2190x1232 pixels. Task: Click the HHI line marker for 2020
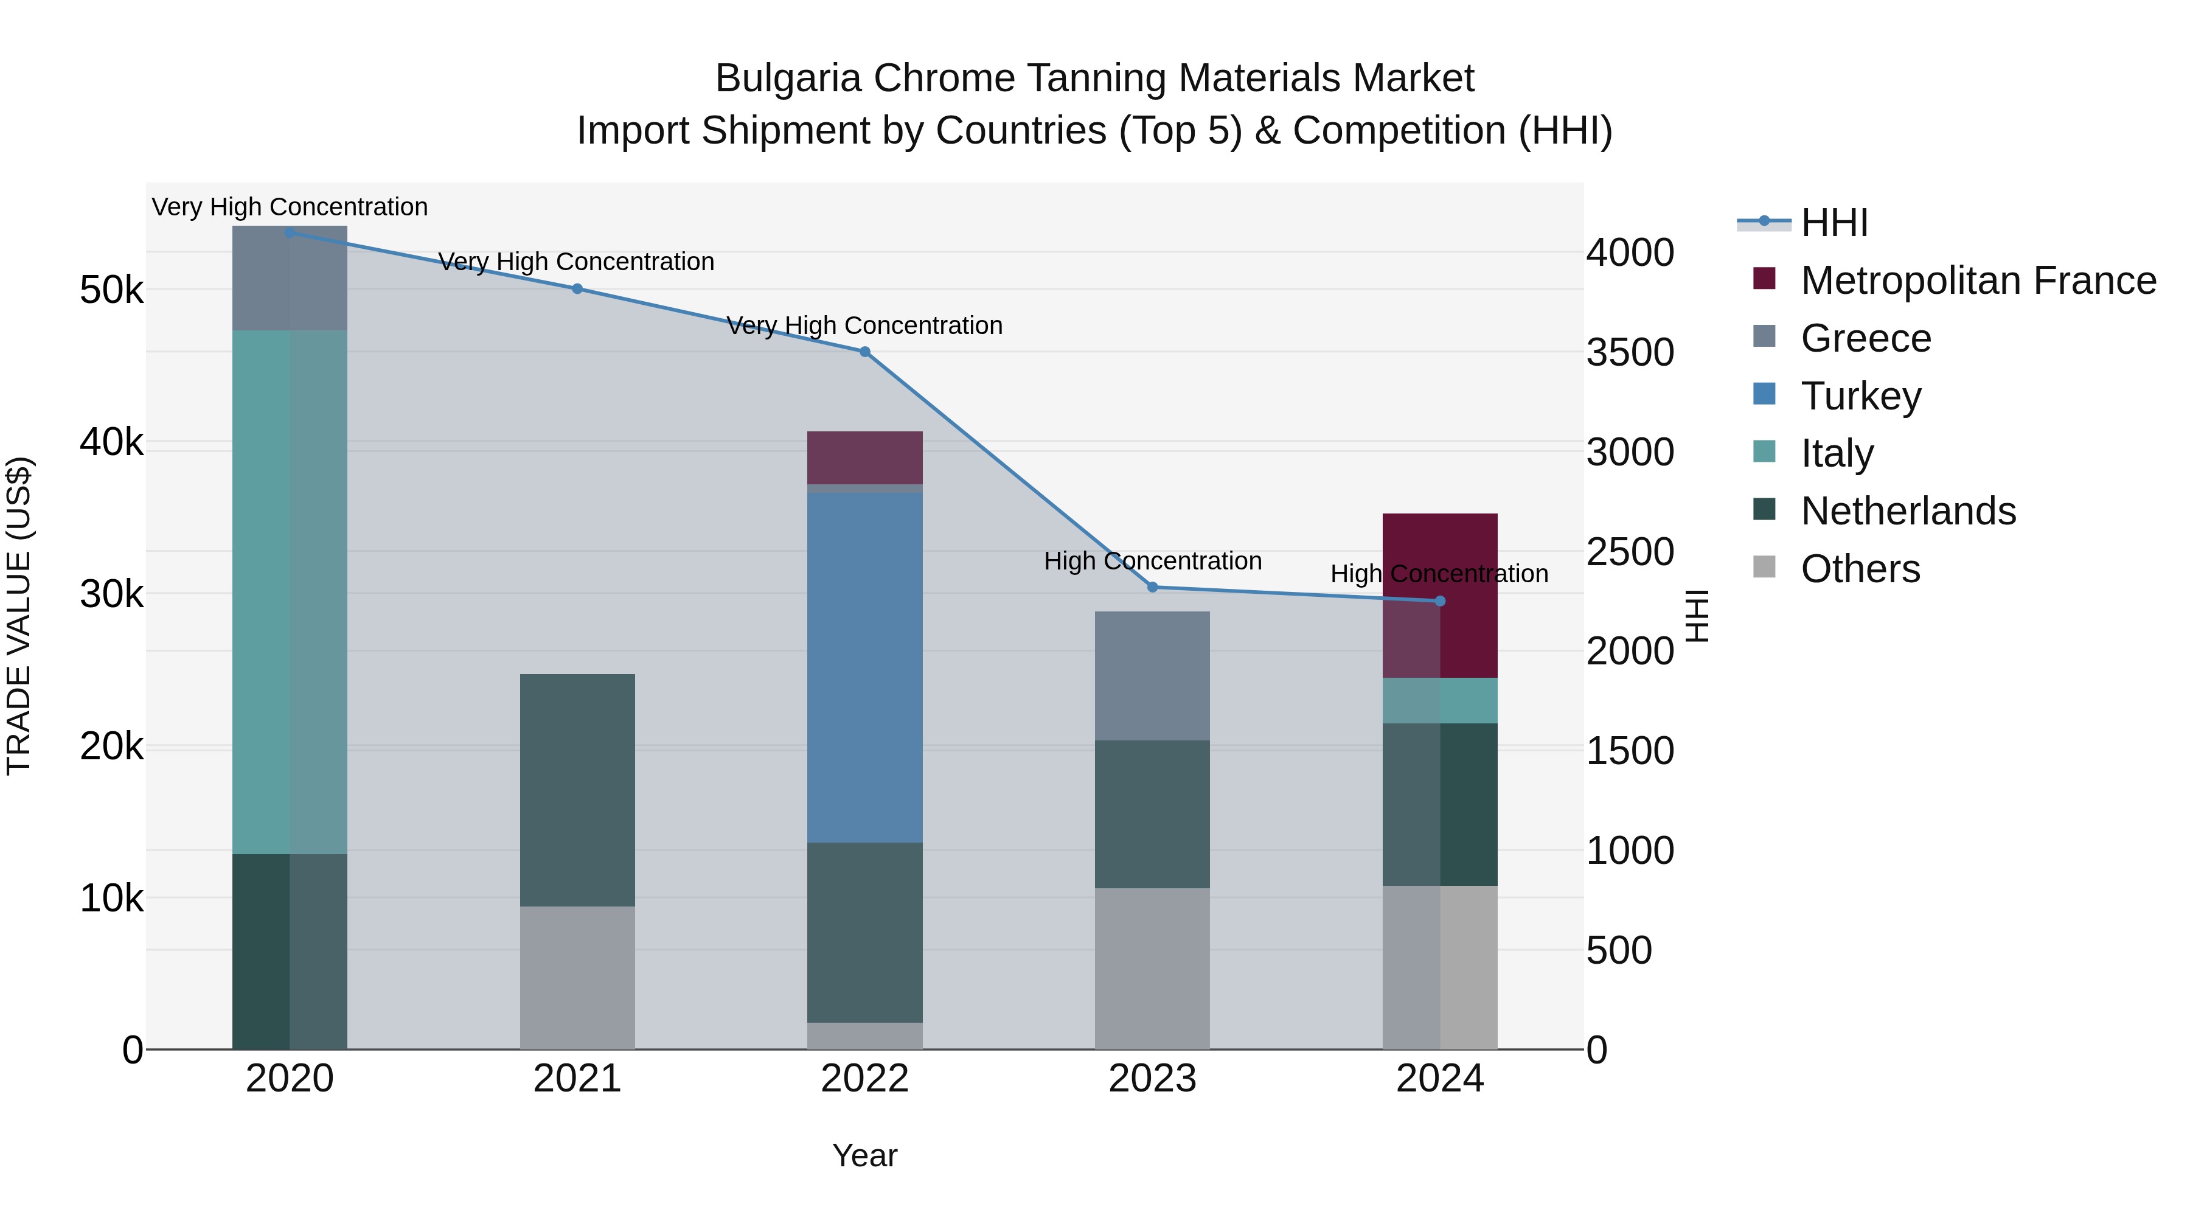290,232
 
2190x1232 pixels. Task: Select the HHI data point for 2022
864,351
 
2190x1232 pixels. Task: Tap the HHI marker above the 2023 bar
1153,586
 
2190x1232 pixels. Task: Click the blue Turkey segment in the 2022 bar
864,667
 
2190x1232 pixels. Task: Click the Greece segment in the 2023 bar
1152,675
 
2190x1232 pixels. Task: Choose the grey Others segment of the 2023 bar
1152,969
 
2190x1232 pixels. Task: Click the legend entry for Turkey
1860,396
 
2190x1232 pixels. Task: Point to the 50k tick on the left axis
111,291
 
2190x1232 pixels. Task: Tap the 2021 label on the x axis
577,1079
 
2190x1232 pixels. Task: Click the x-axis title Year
864,1155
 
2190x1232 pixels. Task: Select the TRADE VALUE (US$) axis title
19,616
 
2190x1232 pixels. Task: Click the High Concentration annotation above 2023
1153,561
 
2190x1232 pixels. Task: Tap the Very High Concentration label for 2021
577,262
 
